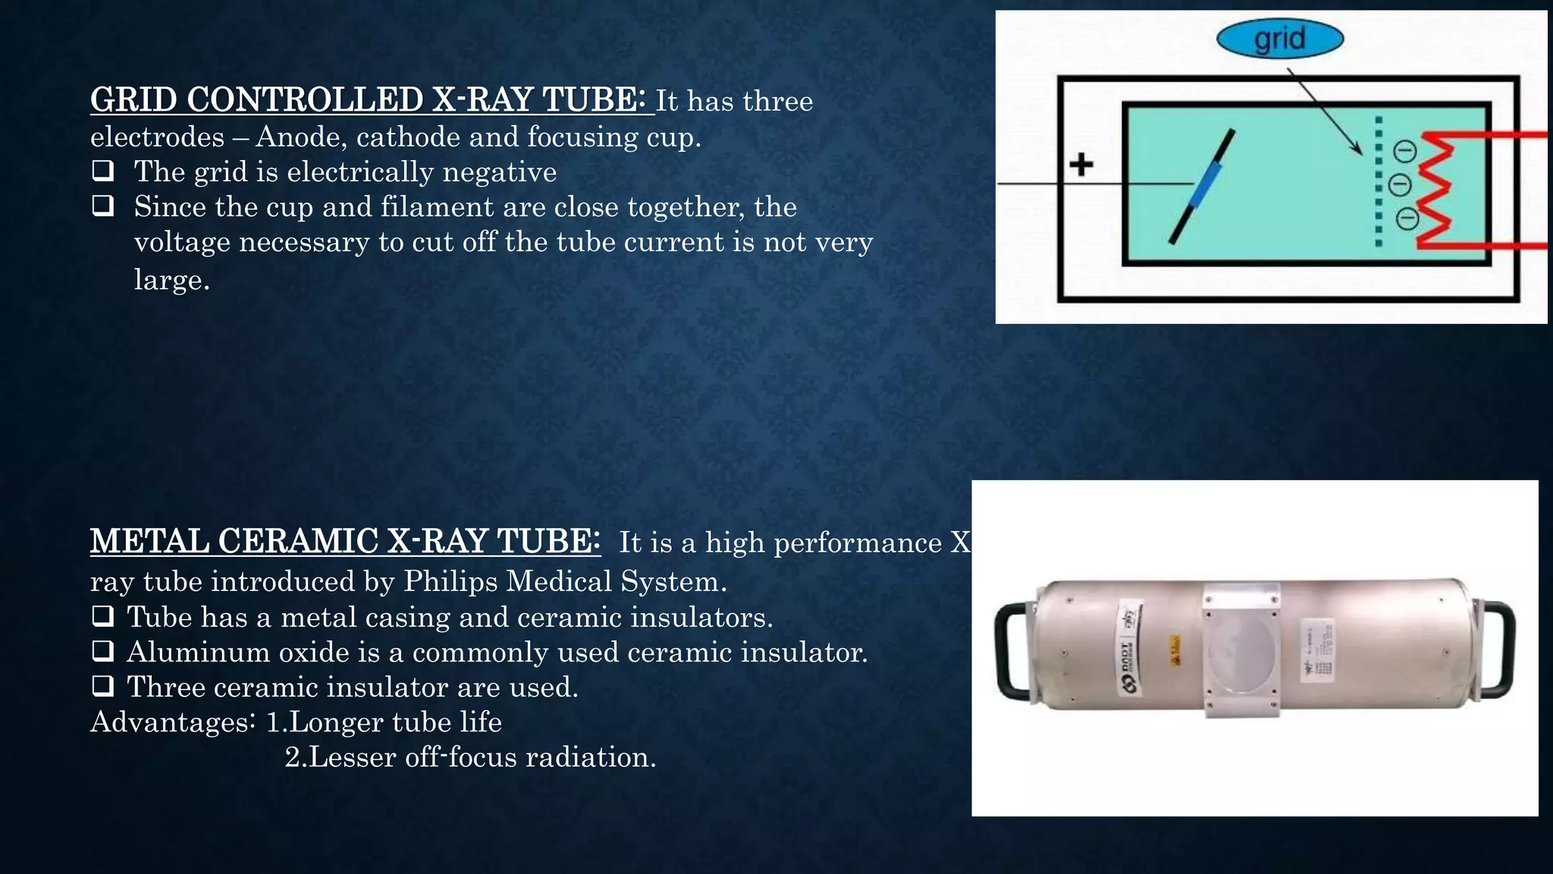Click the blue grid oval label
(1280, 39)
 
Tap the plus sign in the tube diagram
(1081, 164)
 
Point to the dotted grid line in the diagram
(1379, 182)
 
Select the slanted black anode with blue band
(1203, 187)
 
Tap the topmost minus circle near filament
(1405, 152)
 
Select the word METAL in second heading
(149, 542)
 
